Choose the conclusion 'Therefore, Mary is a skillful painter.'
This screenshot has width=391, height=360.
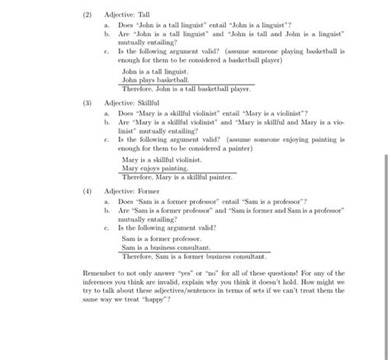pyautogui.click(x=177, y=176)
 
